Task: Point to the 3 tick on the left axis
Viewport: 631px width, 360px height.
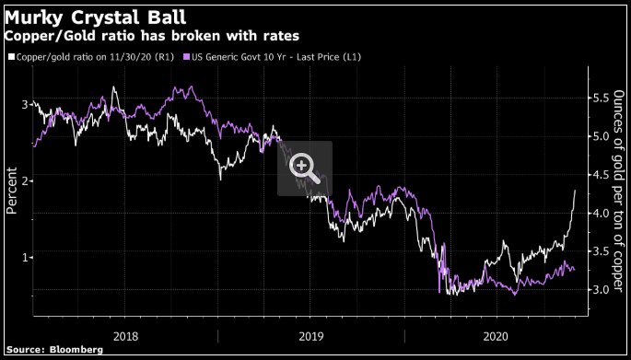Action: click(x=25, y=105)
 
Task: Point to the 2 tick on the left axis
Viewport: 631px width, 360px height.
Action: click(x=25, y=181)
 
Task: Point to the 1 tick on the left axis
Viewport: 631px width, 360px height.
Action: click(x=25, y=257)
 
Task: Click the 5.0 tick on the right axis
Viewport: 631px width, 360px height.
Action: click(x=600, y=136)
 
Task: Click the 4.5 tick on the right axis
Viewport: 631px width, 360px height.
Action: click(x=600, y=175)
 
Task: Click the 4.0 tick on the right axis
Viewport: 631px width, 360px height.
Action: click(x=600, y=214)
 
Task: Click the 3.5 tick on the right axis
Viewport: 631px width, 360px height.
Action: click(x=600, y=251)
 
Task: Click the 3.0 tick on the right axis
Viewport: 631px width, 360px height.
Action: click(x=600, y=290)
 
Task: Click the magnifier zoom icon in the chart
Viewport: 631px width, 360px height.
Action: click(x=304, y=167)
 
